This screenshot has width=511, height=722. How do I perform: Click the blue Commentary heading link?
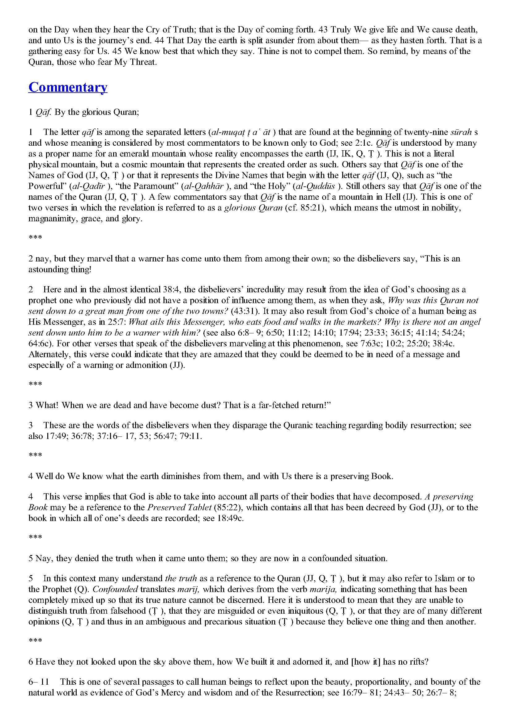pos(68,87)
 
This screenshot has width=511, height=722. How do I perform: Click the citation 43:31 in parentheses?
pos(244,311)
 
